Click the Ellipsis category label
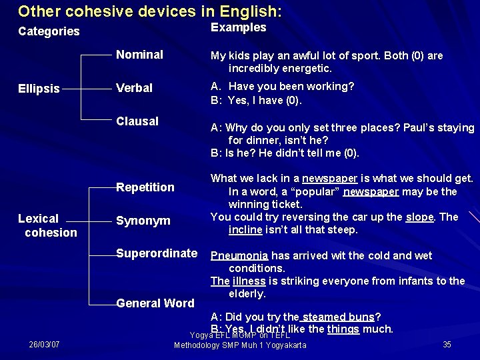tap(39, 88)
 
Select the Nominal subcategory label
tap(139, 55)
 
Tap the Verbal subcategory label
tap(134, 88)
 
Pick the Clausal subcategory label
tap(137, 121)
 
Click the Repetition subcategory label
tap(145, 187)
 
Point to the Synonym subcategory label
tap(143, 221)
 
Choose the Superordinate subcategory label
tap(157, 253)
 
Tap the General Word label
tap(155, 303)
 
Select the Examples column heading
tap(238, 27)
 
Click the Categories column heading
tap(49, 31)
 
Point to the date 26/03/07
tap(44, 345)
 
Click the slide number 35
tap(447, 345)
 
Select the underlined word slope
tap(420, 217)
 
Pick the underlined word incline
tap(247, 230)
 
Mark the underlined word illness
tap(249, 281)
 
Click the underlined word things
tap(343, 329)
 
